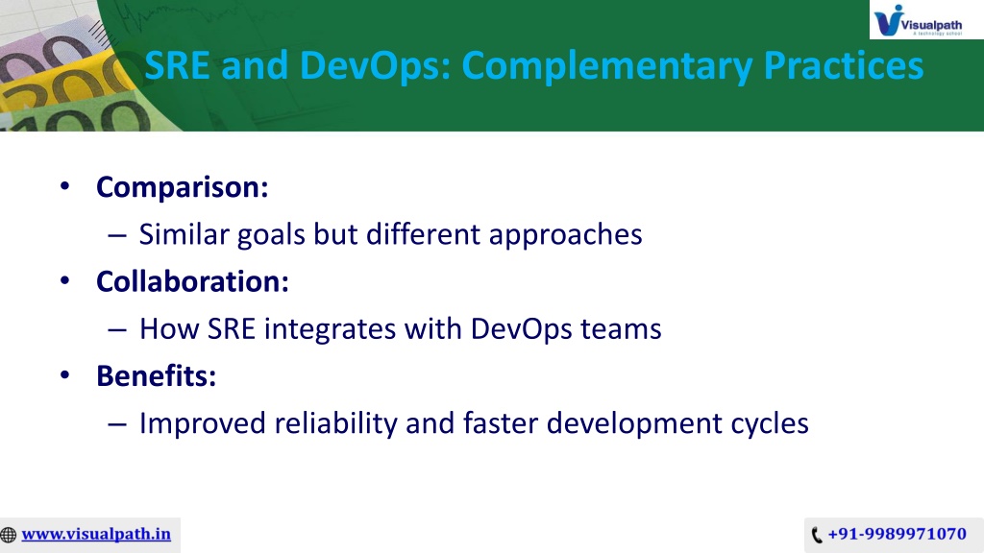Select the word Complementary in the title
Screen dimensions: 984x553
coord(606,66)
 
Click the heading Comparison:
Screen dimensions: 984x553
coord(182,187)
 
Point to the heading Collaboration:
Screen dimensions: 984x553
coord(192,281)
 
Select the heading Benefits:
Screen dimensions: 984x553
coord(156,376)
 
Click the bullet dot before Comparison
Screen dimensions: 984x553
coord(64,186)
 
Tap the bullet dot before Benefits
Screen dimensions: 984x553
coord(64,375)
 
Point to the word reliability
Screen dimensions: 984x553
coord(335,424)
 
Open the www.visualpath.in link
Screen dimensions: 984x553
coord(96,534)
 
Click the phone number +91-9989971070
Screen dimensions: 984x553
coord(897,534)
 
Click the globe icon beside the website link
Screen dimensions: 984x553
coord(8,535)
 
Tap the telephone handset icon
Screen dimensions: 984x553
coord(817,535)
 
